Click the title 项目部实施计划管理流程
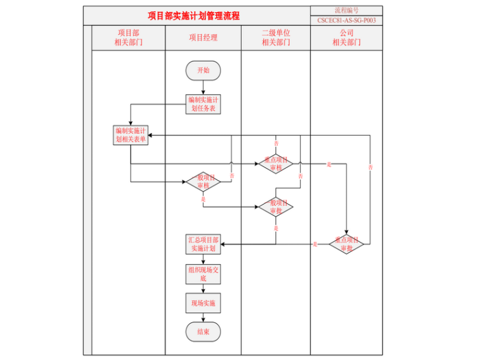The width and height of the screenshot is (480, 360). click(x=194, y=16)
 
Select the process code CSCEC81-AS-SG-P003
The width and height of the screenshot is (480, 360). click(x=346, y=20)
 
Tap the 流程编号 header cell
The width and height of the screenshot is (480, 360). click(x=346, y=10)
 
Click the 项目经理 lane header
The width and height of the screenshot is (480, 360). click(x=203, y=37)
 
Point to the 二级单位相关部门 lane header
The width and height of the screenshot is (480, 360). click(x=276, y=37)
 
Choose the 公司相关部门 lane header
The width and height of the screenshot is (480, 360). click(x=346, y=37)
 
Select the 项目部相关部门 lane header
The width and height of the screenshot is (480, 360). click(x=129, y=37)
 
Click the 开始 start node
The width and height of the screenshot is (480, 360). click(x=203, y=70)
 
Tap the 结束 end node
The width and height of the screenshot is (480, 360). click(x=203, y=332)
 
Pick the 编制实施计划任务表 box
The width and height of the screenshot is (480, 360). click(x=203, y=104)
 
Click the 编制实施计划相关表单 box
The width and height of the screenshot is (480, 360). click(x=130, y=135)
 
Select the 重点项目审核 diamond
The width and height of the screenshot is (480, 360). click(x=276, y=164)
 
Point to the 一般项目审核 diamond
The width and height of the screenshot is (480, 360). click(x=203, y=182)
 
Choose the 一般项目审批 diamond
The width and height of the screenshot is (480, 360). click(x=276, y=207)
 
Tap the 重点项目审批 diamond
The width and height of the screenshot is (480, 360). click(x=347, y=244)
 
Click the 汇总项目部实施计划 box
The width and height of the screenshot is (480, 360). click(x=203, y=244)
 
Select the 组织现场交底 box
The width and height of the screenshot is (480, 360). click(x=203, y=273)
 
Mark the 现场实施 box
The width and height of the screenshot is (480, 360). click(x=203, y=303)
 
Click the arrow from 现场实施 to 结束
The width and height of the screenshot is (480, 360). click(x=203, y=318)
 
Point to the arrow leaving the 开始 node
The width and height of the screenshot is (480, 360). click(x=203, y=87)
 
